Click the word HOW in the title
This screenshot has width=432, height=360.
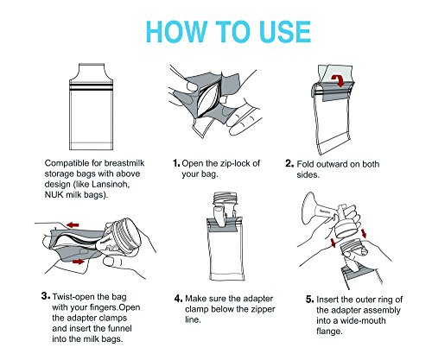pos(176,32)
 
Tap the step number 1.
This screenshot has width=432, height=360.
pos(176,163)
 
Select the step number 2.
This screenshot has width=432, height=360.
pos(289,163)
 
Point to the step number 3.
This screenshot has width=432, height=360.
pos(46,296)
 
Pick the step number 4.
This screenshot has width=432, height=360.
pos(179,299)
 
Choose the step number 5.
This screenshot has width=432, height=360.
pos(310,300)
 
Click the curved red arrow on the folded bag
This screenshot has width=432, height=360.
pos(338,80)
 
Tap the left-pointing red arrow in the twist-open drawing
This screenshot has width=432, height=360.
pos(73,224)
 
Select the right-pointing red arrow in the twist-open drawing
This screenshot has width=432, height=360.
pos(78,262)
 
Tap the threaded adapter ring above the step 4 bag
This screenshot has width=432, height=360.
pos(225,199)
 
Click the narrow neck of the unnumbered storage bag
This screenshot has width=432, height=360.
pos(92,71)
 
